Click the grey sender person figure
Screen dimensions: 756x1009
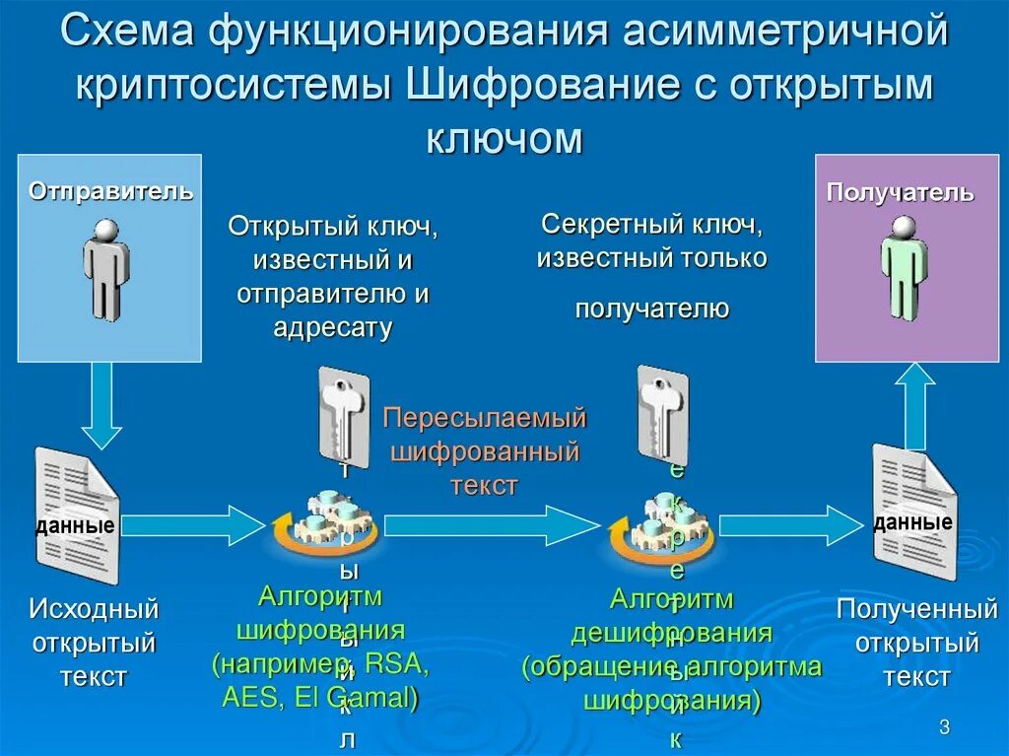point(105,268)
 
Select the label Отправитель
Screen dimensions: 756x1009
point(110,190)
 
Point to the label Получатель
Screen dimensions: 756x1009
point(900,192)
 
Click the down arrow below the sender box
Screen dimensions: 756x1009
point(101,405)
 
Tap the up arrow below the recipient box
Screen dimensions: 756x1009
point(915,404)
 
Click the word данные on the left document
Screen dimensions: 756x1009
point(75,526)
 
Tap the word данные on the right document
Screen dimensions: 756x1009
point(912,522)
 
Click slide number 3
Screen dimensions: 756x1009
point(944,727)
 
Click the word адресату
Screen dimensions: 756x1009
point(332,327)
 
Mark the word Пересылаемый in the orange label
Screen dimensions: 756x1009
point(484,418)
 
